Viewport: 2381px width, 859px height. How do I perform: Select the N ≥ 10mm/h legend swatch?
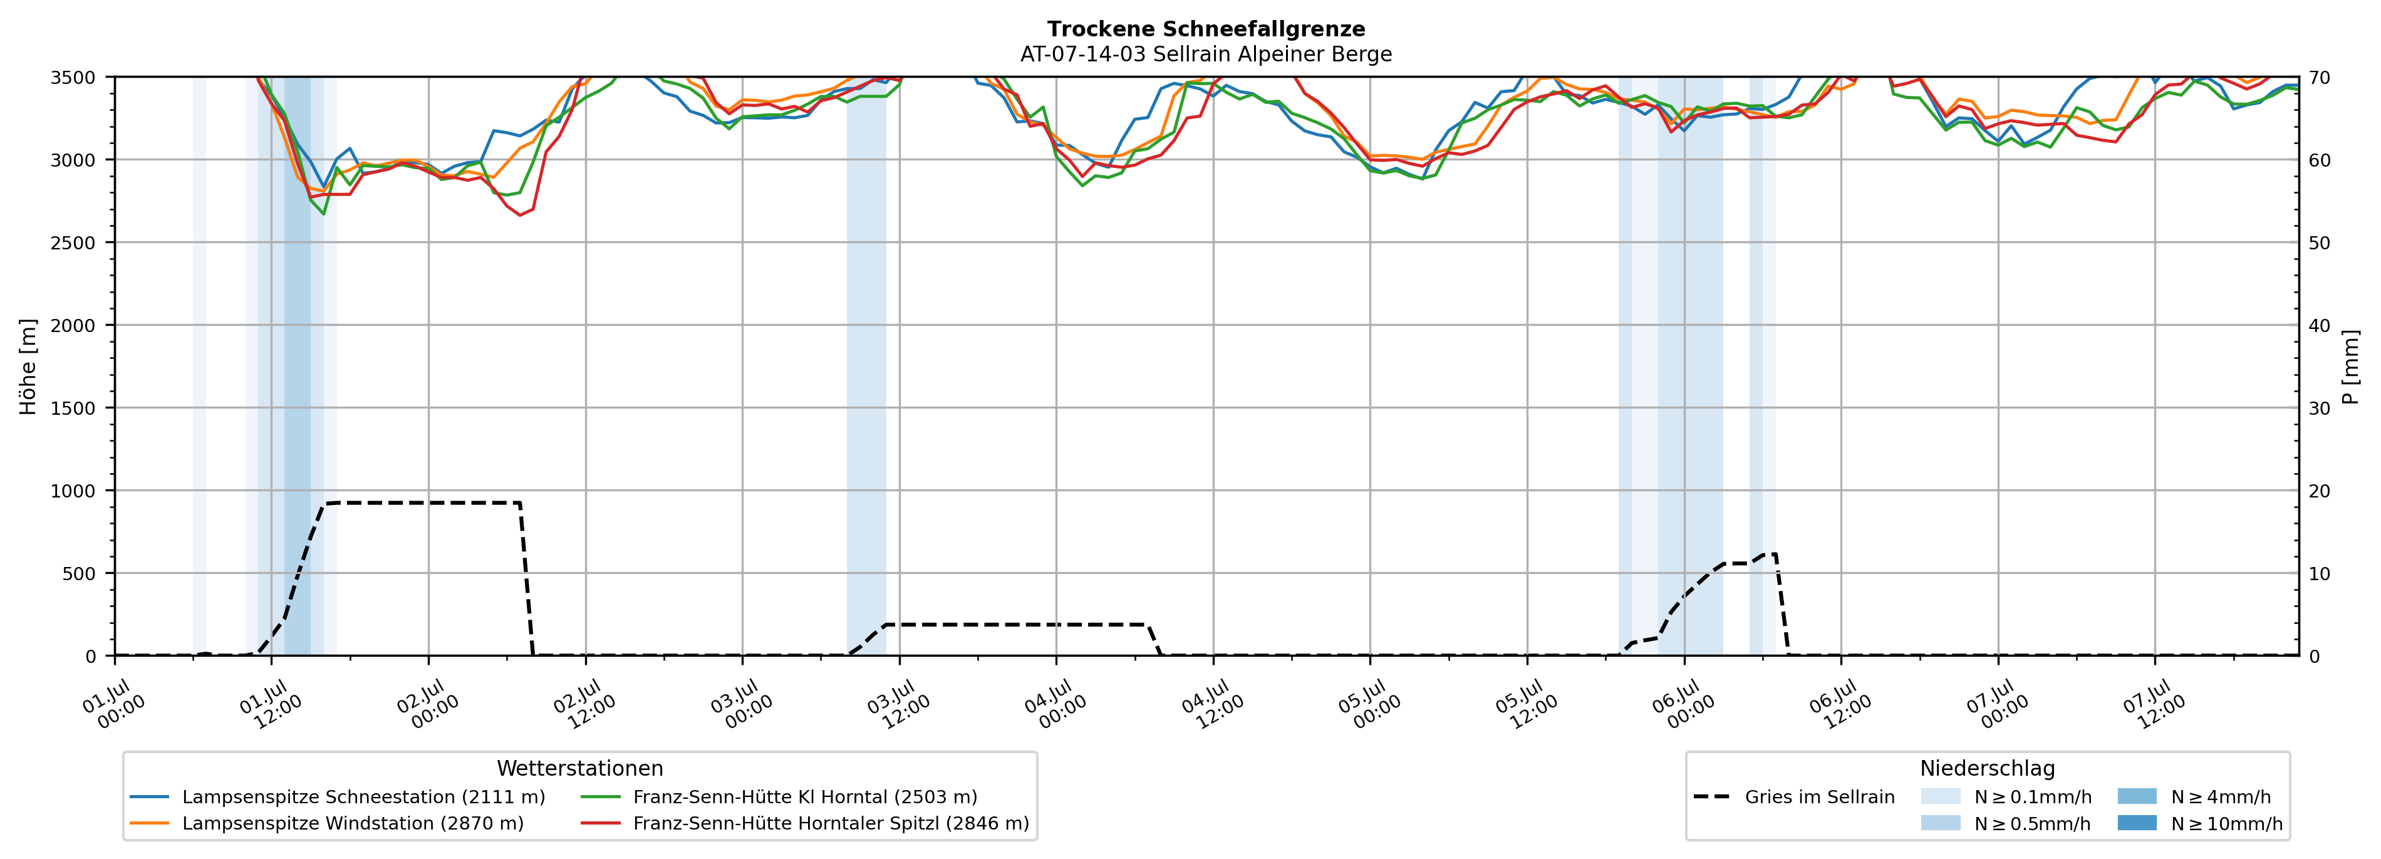click(x=2137, y=823)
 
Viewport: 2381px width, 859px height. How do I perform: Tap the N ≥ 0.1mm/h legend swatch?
click(x=1940, y=796)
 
